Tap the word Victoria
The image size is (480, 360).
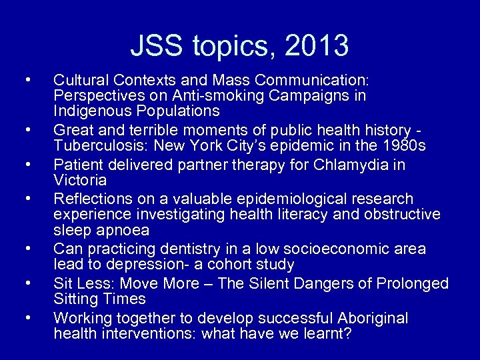(80, 180)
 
